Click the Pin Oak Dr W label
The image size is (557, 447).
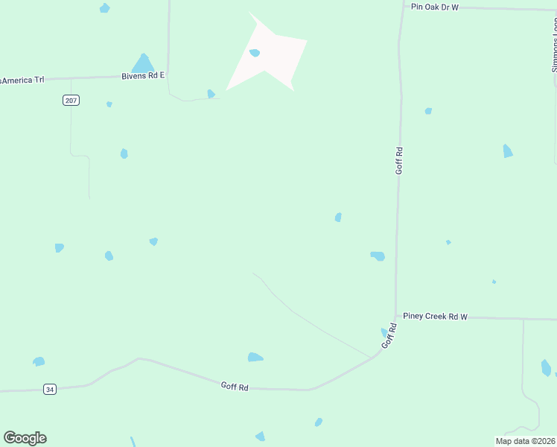(435, 7)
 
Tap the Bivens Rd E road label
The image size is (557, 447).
(143, 76)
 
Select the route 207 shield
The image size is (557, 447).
(71, 100)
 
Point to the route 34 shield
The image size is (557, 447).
(49, 389)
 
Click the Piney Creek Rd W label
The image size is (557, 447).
(435, 317)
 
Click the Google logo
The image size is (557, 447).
(25, 438)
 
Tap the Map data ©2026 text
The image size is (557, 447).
(524, 441)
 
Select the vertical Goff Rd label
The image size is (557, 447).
(399, 161)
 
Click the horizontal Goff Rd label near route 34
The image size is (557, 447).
(234, 386)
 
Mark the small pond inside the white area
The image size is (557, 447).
(255, 53)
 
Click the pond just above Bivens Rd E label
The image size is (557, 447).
(142, 63)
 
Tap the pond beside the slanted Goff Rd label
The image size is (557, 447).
(384, 332)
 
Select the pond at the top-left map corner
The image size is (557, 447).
(104, 8)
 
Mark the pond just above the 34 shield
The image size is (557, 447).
(39, 361)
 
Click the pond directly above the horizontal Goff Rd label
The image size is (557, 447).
(255, 358)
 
